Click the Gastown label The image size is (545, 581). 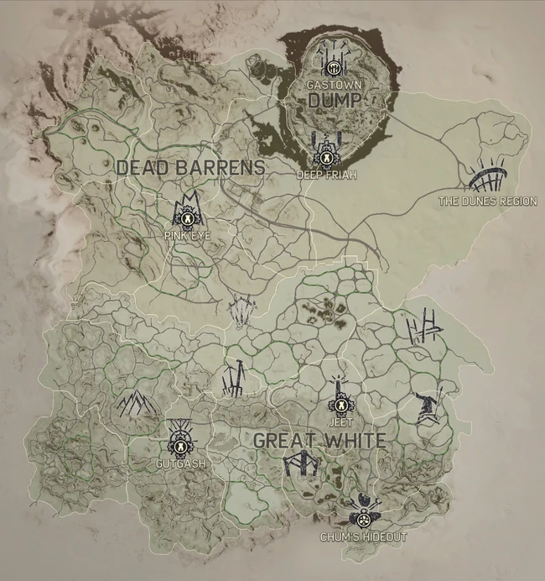pyautogui.click(x=334, y=86)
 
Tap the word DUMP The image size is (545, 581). pyautogui.click(x=334, y=101)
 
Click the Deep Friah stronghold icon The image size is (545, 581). pyautogui.click(x=324, y=150)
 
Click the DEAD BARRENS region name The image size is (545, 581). pyautogui.click(x=190, y=167)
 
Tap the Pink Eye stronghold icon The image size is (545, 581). pyautogui.click(x=188, y=213)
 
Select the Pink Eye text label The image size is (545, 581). pyautogui.click(x=188, y=236)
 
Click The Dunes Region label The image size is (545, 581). pyautogui.click(x=488, y=202)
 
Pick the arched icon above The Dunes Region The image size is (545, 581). pyautogui.click(x=487, y=178)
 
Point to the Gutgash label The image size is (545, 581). pyautogui.click(x=180, y=463)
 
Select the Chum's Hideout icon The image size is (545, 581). pyautogui.click(x=365, y=510)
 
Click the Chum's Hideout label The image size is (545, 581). pyautogui.click(x=363, y=537)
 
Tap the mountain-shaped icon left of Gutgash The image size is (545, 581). pyautogui.click(x=135, y=405)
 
